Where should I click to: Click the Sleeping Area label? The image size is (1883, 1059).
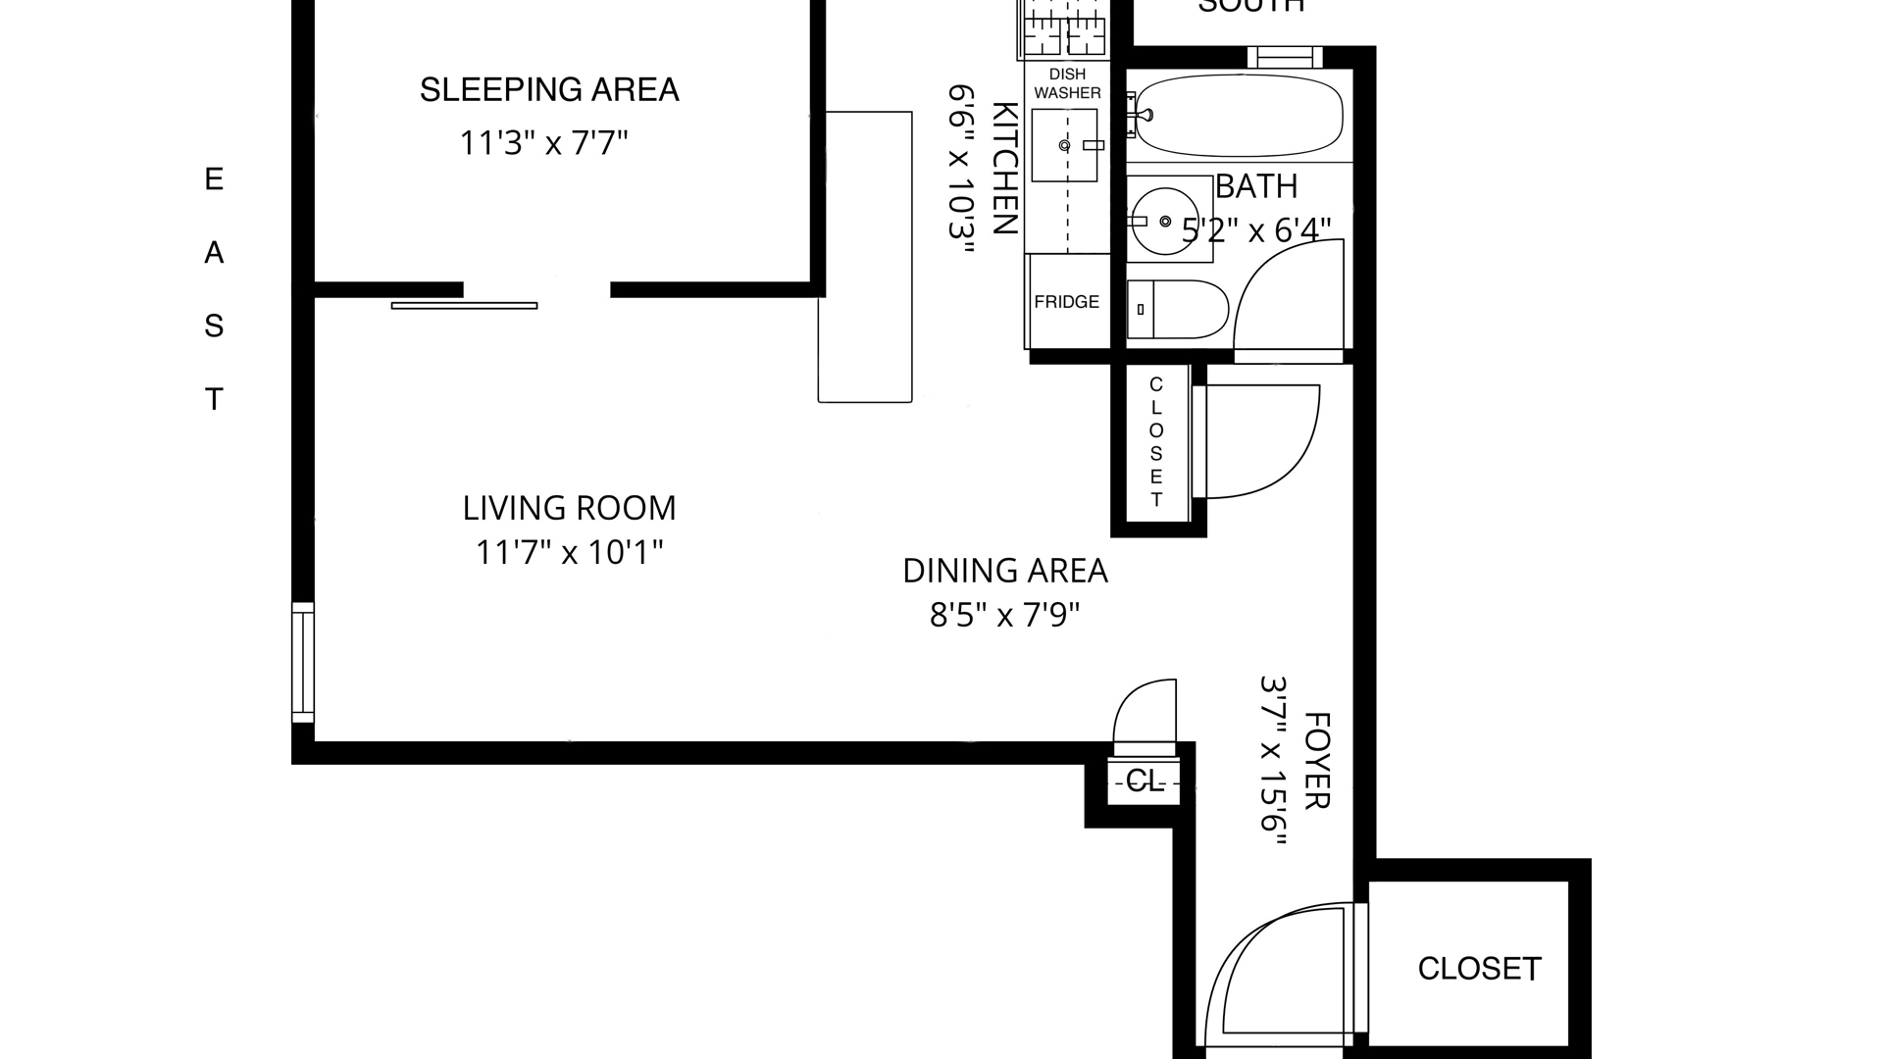(x=549, y=89)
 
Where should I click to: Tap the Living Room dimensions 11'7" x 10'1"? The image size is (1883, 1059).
(x=569, y=553)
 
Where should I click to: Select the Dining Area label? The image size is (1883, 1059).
(x=1004, y=571)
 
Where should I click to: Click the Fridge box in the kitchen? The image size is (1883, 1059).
(x=1067, y=301)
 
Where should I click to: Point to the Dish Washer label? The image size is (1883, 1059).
(x=1067, y=83)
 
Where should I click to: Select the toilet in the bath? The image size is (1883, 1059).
(x=1177, y=309)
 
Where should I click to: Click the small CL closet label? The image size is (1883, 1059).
(x=1144, y=782)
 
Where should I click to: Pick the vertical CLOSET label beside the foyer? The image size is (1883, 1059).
(x=1156, y=442)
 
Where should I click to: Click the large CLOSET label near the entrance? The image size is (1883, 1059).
(x=1479, y=969)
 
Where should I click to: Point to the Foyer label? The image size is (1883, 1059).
(x=1316, y=761)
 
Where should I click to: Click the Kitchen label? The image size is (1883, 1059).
(x=1004, y=168)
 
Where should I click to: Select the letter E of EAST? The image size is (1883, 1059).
(x=214, y=179)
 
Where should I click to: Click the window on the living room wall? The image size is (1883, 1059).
(x=303, y=662)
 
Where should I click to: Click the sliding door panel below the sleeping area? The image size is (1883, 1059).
(x=465, y=306)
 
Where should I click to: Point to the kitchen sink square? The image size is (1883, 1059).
(x=1064, y=145)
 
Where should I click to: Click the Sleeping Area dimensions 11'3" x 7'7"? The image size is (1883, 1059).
(x=543, y=143)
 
